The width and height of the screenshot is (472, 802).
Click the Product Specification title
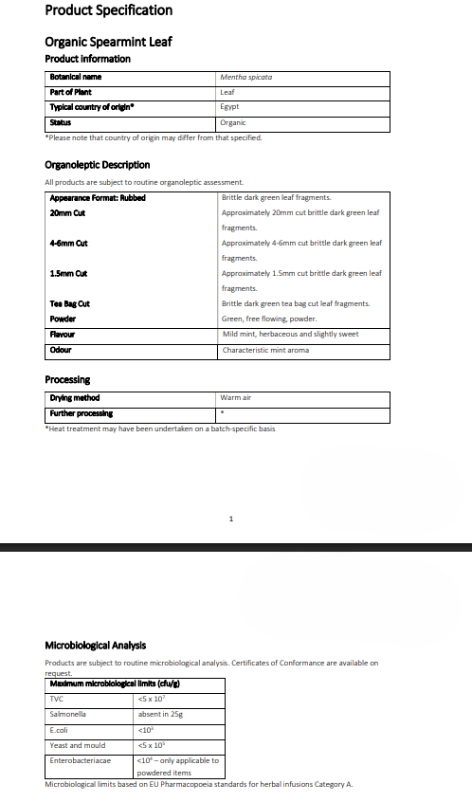[109, 10]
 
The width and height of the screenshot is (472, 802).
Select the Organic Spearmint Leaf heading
[108, 42]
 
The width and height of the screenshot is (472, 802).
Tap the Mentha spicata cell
[245, 77]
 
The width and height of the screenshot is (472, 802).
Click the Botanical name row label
[76, 77]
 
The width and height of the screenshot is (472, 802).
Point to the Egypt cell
[229, 107]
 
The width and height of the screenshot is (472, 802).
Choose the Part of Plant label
[71, 92]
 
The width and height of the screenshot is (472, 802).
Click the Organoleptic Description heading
[98, 165]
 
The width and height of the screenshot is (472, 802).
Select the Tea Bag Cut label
[69, 303]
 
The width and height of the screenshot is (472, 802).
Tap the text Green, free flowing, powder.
[262, 319]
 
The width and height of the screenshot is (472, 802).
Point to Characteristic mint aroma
[265, 350]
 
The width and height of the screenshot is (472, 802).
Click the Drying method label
[74, 398]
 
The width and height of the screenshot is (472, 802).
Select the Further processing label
[81, 413]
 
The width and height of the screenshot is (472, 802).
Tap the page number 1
[231, 519]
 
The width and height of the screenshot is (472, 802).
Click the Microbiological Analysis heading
[96, 646]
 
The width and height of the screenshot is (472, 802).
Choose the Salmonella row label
[67, 714]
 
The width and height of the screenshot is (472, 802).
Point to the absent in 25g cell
[160, 714]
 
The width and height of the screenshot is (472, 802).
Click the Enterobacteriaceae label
[80, 760]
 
